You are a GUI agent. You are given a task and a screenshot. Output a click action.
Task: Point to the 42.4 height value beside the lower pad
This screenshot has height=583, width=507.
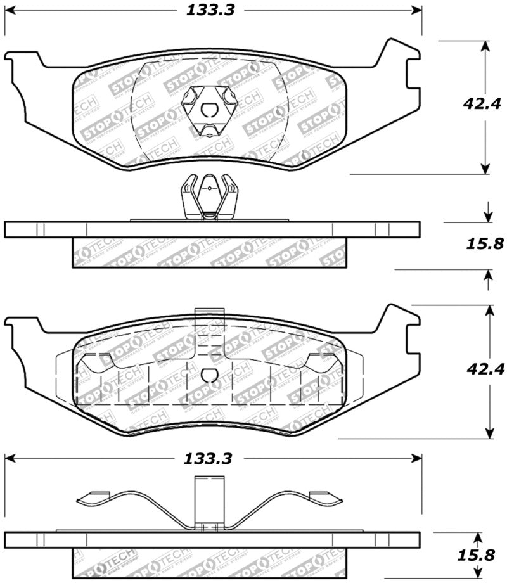pos(487,369)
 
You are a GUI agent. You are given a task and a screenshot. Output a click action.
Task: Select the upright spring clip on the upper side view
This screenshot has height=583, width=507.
pos(208,197)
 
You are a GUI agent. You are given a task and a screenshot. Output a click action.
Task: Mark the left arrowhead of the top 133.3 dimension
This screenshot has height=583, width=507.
pos(10,10)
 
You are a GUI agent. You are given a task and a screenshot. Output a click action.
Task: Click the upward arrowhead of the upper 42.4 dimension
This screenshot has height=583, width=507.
pos(486,46)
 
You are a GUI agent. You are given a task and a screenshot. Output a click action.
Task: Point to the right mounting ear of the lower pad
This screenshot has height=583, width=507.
pos(399,326)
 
